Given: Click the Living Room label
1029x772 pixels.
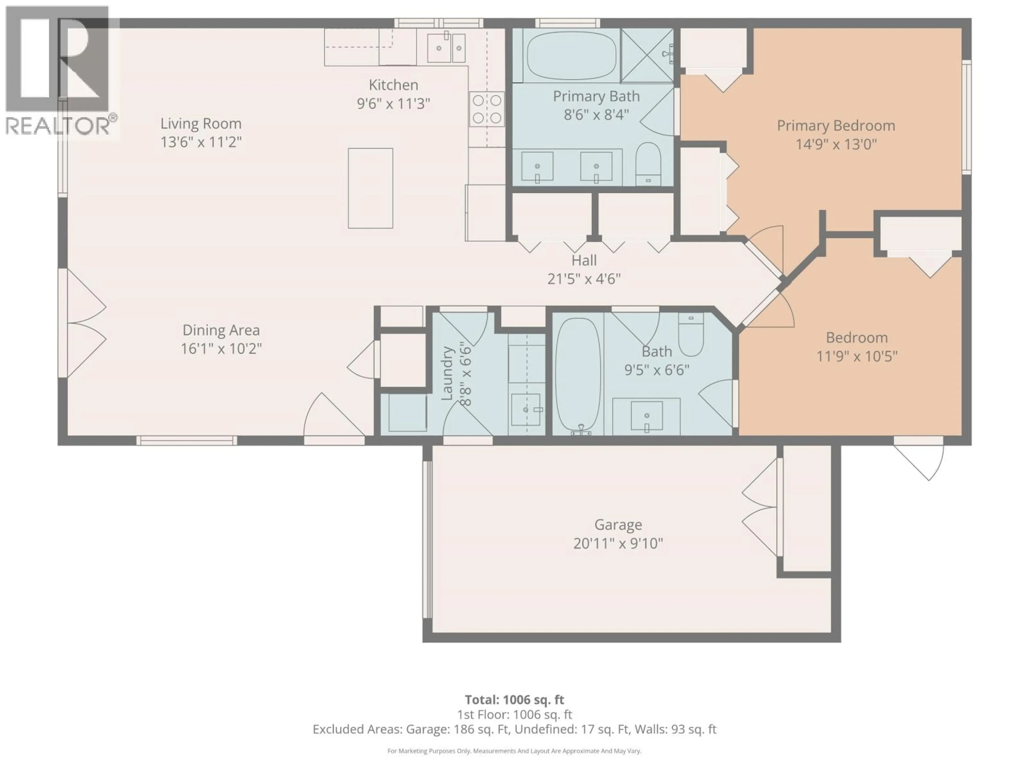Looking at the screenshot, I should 201,124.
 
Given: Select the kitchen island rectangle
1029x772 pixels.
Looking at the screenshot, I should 370,188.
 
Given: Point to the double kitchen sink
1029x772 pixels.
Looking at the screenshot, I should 446,47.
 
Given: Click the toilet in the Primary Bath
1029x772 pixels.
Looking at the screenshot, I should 648,163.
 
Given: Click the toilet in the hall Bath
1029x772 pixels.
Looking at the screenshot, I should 691,334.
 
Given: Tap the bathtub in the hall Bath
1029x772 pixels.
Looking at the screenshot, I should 578,374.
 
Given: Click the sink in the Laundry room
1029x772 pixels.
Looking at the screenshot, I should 526,409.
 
